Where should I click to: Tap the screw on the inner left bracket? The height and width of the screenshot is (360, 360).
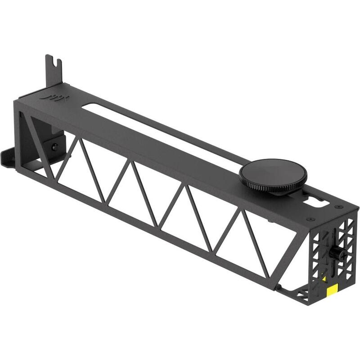[x=55, y=147]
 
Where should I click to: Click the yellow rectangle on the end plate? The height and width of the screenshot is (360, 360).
[x=333, y=290]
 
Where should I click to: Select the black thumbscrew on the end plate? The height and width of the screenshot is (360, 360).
[x=335, y=253]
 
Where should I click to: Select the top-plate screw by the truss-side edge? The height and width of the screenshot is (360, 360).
[x=310, y=219]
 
